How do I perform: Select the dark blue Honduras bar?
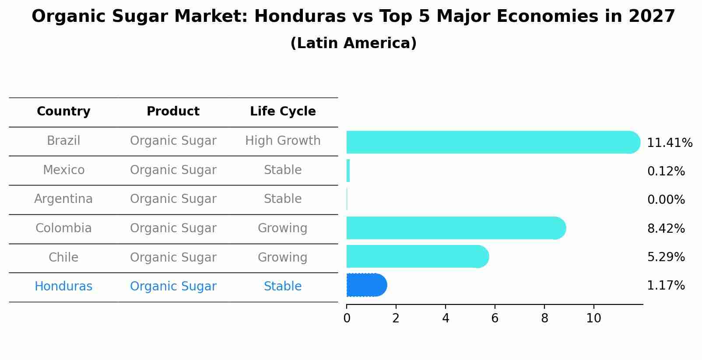pos(366,285)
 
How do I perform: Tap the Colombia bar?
pos(455,228)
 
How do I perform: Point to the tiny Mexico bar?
pos(348,171)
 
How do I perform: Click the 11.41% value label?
pos(669,143)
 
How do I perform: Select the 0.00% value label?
pos(666,200)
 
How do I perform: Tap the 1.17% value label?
pos(666,286)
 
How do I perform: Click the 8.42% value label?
pos(666,228)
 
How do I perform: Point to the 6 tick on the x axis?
pos(495,318)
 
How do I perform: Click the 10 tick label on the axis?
pos(593,318)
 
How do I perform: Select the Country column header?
pos(63,112)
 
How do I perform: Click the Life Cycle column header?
pos(283,112)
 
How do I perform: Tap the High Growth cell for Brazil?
pos(283,141)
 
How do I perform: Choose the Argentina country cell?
pos(63,199)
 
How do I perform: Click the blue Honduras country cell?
pos(63,287)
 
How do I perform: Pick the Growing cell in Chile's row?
pos(283,257)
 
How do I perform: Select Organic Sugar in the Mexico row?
pos(173,170)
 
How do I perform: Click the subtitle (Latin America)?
pos(353,43)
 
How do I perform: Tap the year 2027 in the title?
pos(652,17)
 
